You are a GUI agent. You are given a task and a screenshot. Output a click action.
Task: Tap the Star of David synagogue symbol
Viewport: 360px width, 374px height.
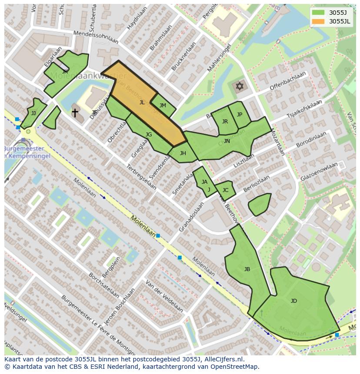point(239,86)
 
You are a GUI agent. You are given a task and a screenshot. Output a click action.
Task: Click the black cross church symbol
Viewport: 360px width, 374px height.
point(75,113)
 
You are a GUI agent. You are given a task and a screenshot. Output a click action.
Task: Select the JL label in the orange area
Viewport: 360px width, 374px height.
point(142,103)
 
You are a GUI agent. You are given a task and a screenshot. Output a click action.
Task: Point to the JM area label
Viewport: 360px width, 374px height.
point(163,106)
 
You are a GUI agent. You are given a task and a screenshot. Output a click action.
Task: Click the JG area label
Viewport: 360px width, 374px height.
point(149,135)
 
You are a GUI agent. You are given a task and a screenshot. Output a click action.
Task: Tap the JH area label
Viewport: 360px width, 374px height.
point(183,153)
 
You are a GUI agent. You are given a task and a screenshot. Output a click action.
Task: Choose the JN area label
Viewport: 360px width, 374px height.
point(227,141)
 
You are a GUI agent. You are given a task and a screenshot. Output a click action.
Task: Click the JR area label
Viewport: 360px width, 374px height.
point(225,122)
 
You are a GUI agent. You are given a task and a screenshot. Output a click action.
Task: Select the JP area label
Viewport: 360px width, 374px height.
point(239,115)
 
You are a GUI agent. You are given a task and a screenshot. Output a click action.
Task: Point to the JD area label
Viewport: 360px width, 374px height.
point(293,301)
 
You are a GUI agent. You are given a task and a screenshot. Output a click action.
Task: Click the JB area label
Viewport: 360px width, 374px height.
point(247,269)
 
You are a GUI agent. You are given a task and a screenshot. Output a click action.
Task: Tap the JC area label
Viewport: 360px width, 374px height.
point(225,190)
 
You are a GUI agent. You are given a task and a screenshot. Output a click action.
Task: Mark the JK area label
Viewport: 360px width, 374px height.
point(65,72)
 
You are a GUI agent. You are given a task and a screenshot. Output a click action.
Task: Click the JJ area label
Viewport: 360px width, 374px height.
point(33,113)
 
